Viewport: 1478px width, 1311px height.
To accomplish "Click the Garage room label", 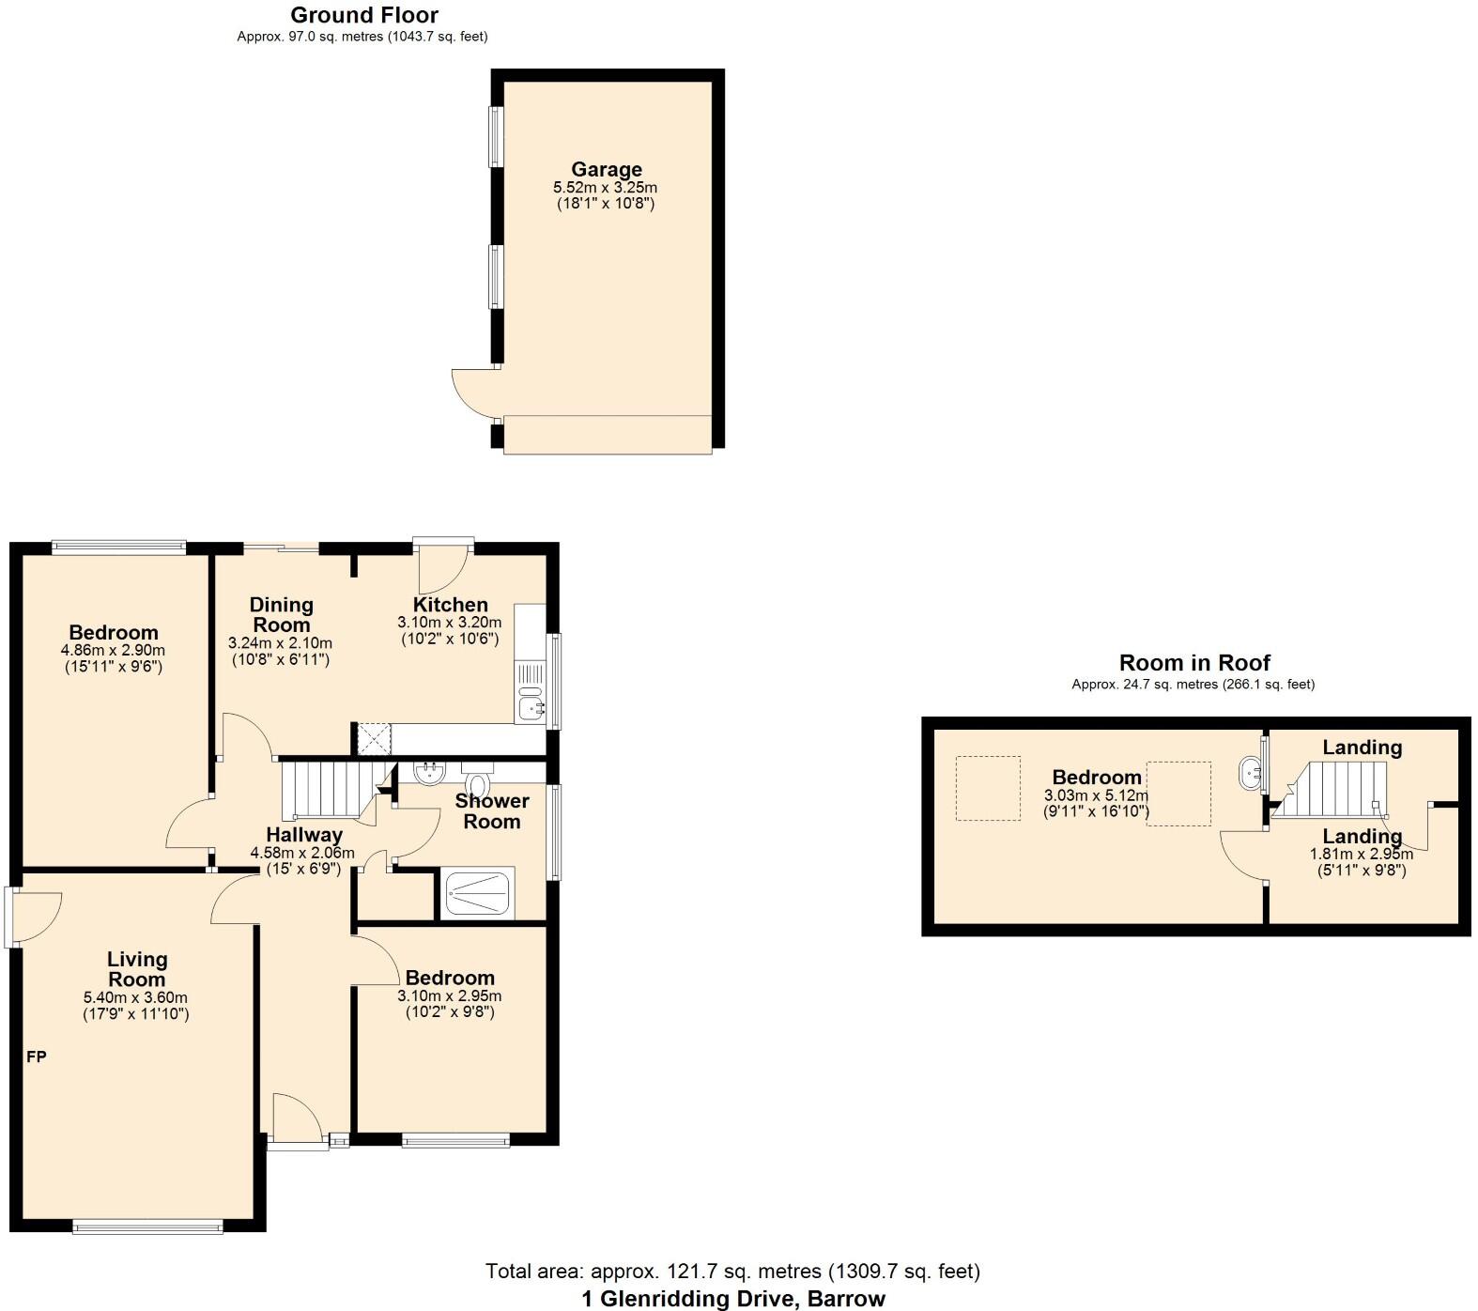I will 607,169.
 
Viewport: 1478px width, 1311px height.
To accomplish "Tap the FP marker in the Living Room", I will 36,1057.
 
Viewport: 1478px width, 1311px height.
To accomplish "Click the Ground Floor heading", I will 363,15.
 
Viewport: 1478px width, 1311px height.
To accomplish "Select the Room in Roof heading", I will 1193,663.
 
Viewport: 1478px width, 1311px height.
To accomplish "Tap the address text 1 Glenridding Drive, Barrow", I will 732,1299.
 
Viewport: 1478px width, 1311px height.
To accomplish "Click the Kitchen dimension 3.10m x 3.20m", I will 449,623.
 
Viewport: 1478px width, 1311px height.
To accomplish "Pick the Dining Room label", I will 281,615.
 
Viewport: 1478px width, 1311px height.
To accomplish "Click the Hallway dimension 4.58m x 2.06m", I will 301,853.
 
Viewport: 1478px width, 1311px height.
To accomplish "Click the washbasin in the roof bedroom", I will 1252,775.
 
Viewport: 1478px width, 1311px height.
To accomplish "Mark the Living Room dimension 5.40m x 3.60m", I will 135,997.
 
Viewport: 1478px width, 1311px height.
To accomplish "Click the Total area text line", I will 732,1272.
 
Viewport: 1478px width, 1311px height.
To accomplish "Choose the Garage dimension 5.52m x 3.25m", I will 605,187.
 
